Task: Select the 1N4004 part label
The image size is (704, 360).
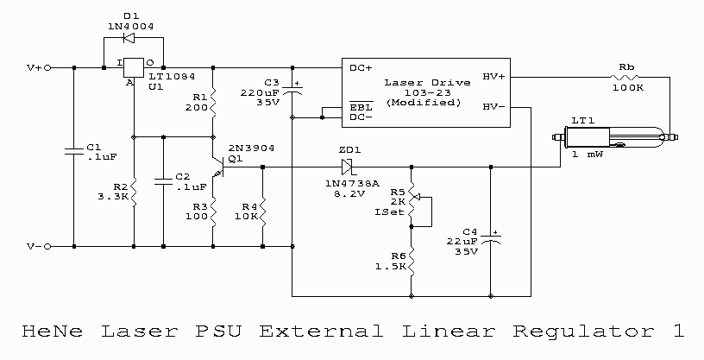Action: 129,26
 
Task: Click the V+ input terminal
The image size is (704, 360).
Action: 48,66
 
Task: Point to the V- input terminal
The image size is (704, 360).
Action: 48,246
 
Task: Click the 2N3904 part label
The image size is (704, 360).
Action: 250,148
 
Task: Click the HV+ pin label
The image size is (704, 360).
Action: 493,76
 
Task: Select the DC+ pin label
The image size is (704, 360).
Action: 360,66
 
